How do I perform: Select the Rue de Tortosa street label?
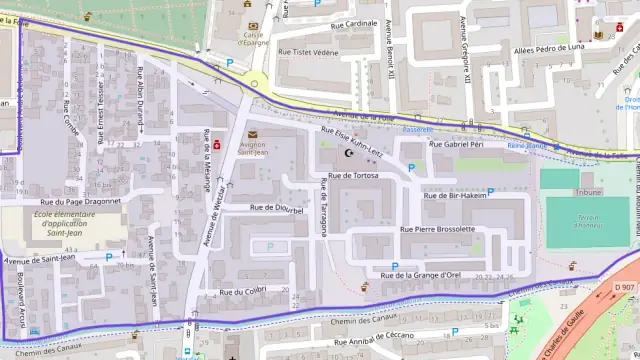point(347,175)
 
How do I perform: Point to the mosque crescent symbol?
point(349,154)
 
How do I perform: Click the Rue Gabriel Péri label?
point(462,145)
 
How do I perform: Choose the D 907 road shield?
point(624,288)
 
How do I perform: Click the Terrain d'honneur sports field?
point(587,222)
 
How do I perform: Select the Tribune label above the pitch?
point(589,191)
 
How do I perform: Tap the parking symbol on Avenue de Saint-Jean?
point(109,257)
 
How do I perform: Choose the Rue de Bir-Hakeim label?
point(455,196)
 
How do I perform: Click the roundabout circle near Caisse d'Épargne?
point(255,84)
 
